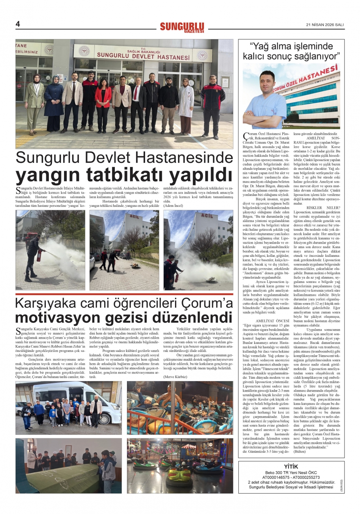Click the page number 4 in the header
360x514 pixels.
pyautogui.click(x=17, y=24)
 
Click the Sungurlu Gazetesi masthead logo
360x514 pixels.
pyautogui.click(x=182, y=27)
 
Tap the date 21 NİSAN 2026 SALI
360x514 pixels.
pyautogui.click(x=325, y=25)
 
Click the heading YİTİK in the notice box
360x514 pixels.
pyautogui.click(x=291, y=466)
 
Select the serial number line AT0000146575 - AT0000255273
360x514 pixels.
pyautogui.click(x=291, y=477)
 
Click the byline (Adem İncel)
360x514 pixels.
pyautogui.click(x=173, y=206)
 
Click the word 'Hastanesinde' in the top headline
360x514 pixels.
pyautogui.click(x=185, y=157)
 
